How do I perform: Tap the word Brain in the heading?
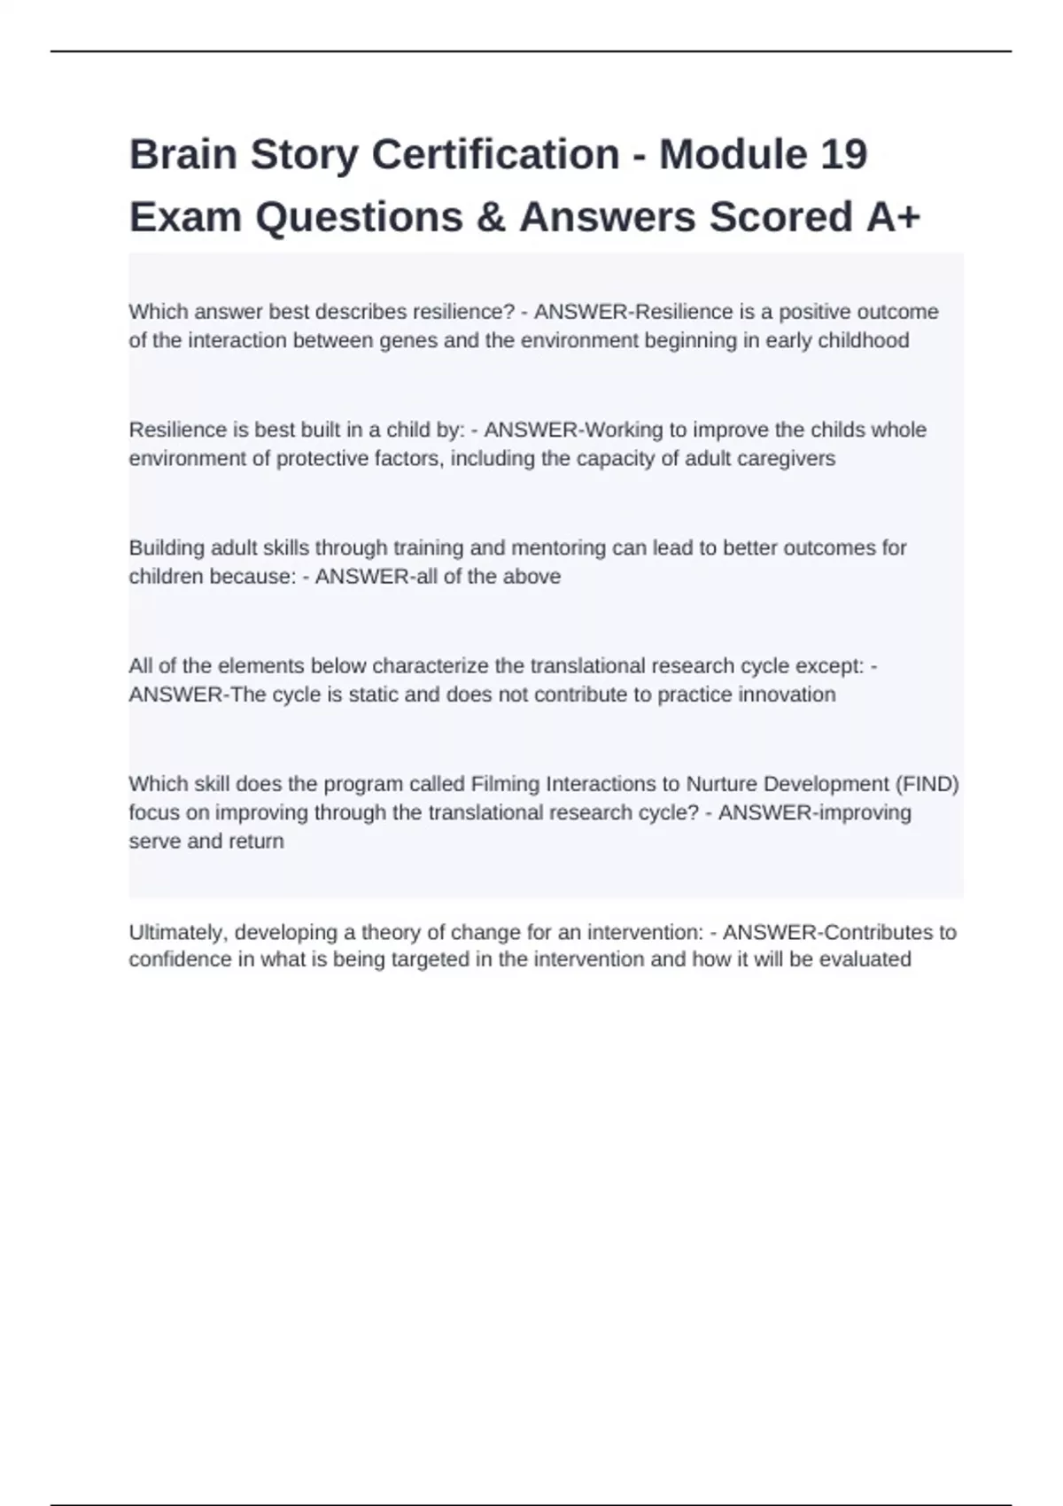pos(183,155)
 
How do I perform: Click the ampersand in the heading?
pos(491,218)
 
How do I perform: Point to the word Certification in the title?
pos(495,155)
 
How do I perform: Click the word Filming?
pos(506,784)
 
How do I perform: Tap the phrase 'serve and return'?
pos(206,842)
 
